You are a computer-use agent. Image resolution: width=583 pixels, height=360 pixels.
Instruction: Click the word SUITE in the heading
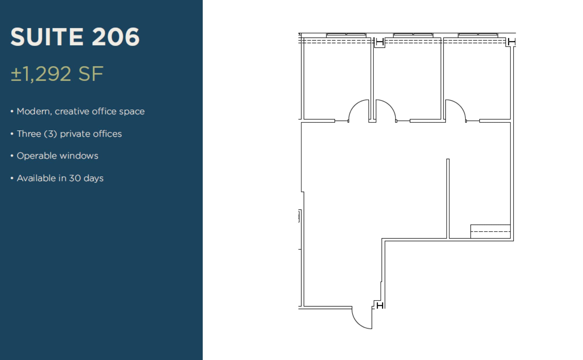coord(47,37)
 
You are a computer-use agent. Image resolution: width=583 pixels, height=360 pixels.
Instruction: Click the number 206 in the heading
coord(116,37)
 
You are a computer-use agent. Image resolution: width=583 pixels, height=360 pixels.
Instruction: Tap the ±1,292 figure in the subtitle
coord(41,74)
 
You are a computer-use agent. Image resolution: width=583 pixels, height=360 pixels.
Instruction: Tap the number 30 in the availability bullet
coord(75,178)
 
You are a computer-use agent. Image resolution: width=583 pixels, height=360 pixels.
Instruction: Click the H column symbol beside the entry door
coord(380,305)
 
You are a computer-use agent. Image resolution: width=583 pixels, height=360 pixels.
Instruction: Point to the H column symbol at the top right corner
coord(512,42)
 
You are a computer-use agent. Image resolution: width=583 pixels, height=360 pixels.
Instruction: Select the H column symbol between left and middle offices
coord(380,42)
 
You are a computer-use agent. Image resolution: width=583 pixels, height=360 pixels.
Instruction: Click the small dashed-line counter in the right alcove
coord(490,232)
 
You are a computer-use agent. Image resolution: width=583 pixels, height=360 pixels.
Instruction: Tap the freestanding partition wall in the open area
coord(448,198)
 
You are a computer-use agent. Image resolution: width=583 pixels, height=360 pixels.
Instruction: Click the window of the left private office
coord(346,35)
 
